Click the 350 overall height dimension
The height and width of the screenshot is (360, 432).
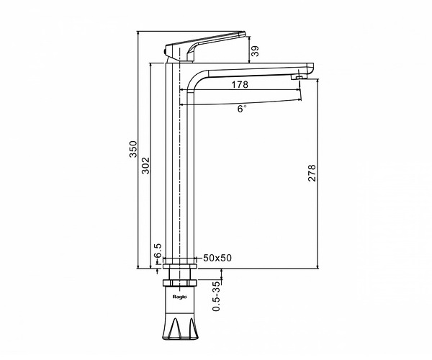(133, 149)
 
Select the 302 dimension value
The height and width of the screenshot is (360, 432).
(145, 166)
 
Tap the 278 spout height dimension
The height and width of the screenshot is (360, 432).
(312, 173)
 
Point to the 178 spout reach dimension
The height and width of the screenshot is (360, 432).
(240, 84)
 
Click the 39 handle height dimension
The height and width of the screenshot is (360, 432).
(256, 51)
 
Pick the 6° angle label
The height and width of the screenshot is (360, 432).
(242, 109)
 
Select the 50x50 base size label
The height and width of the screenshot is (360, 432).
(217, 258)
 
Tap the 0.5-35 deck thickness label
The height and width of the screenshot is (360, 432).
(217, 296)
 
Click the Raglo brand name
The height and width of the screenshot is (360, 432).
(179, 297)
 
